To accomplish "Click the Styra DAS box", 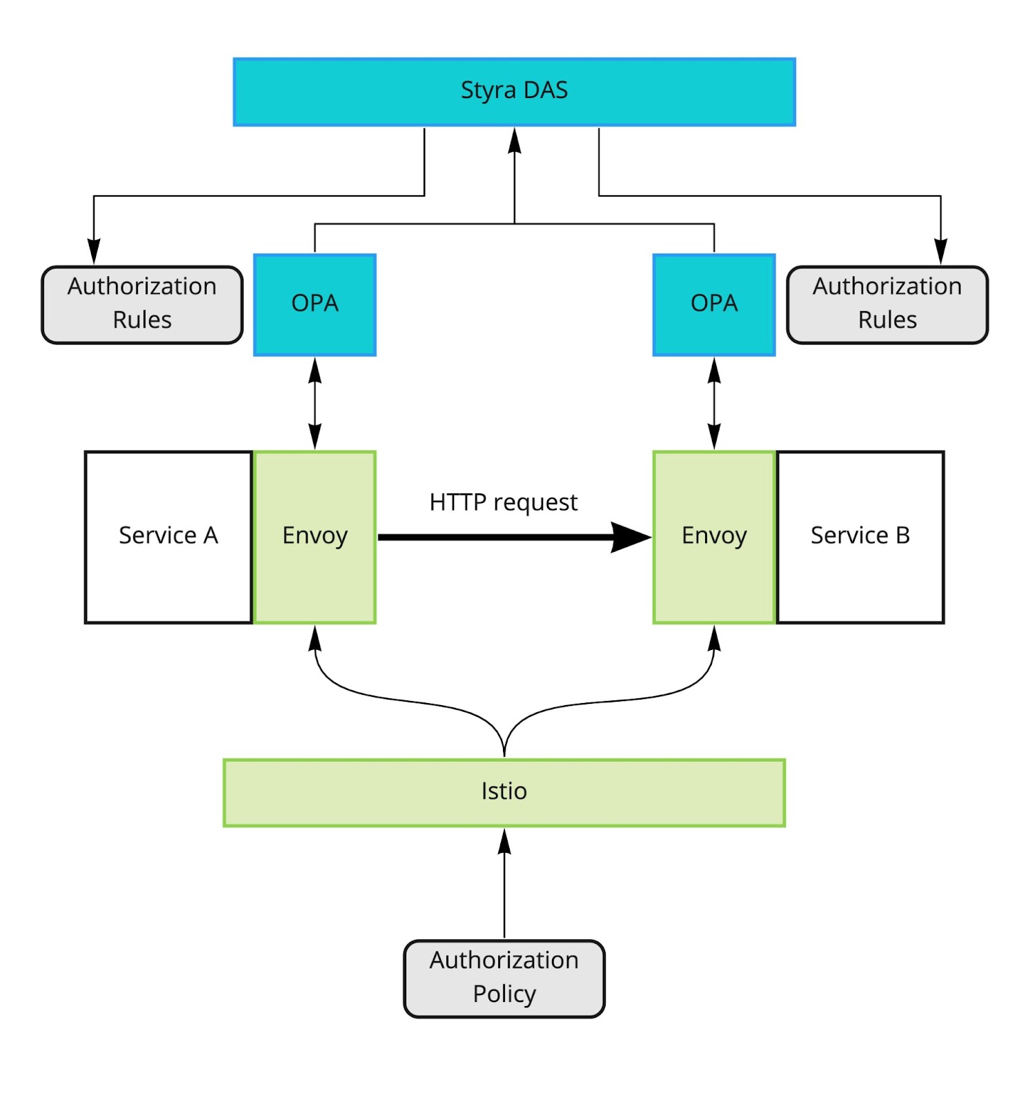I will (x=514, y=92).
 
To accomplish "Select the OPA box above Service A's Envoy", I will (x=315, y=304).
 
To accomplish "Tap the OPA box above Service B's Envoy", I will (x=713, y=304).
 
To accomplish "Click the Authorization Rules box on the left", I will (x=142, y=304).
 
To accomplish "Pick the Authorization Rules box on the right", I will (x=887, y=304).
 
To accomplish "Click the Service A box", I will (x=168, y=537).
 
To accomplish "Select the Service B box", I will (x=860, y=537).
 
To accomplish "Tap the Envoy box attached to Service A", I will (x=315, y=537).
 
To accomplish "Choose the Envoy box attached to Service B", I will (x=713, y=537).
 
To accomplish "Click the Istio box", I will (x=504, y=792).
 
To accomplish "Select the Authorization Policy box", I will (x=504, y=977).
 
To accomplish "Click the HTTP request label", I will (x=503, y=502).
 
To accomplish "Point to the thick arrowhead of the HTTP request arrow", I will (x=629, y=537).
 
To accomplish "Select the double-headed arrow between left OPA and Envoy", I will (x=315, y=403).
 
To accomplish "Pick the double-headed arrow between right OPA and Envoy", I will (x=714, y=403).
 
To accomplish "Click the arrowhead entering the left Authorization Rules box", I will (x=94, y=252).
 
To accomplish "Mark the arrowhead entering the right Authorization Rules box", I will (x=940, y=252).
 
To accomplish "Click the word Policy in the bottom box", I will (x=504, y=994).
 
